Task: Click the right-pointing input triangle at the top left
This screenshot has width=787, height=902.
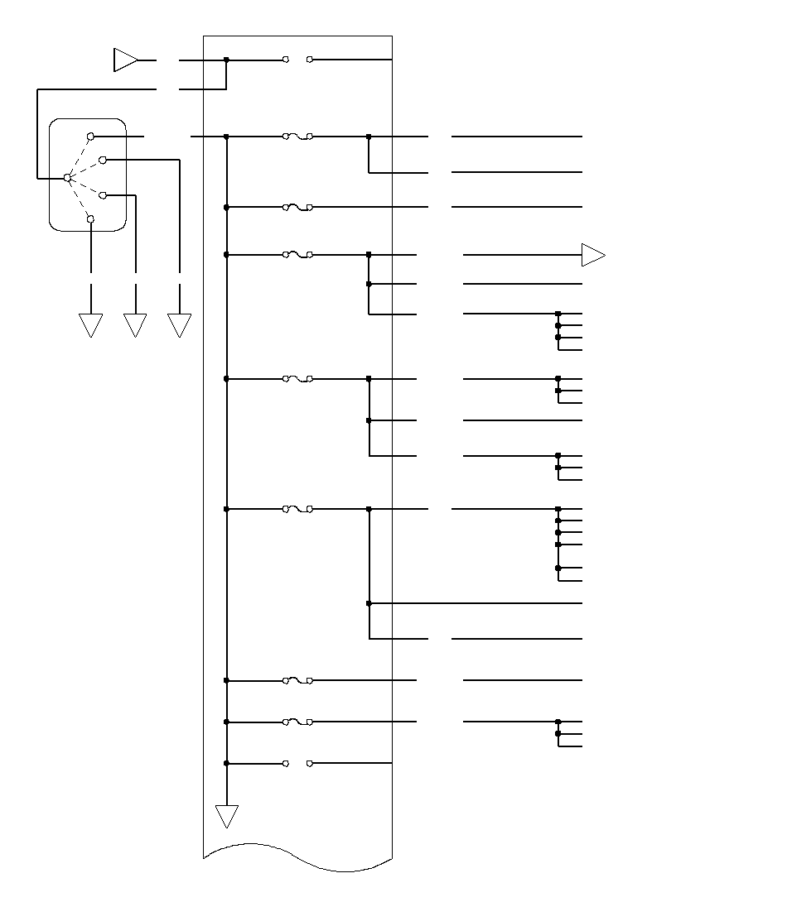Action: click(x=125, y=60)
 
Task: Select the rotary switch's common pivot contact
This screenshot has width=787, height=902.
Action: click(x=67, y=178)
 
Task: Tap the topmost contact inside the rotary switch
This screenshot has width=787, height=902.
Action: click(x=91, y=136)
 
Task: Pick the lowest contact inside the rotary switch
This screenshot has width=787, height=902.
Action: click(x=91, y=219)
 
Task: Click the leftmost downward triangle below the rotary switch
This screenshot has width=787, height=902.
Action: click(x=90, y=325)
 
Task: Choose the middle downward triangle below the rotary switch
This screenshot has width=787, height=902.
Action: click(x=135, y=325)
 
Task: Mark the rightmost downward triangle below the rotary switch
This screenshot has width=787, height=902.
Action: click(x=179, y=325)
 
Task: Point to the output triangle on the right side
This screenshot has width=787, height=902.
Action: click(x=593, y=255)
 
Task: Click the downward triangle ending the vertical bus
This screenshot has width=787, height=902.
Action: click(x=226, y=816)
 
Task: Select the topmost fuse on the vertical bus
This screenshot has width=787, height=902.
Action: click(x=297, y=137)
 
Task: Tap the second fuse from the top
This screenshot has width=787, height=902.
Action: click(x=297, y=207)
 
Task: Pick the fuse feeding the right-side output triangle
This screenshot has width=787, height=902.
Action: click(x=297, y=255)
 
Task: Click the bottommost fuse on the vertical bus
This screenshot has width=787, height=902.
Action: click(x=297, y=722)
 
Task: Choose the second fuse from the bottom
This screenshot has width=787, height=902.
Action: click(x=297, y=681)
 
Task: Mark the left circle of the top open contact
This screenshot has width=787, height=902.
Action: click(x=286, y=60)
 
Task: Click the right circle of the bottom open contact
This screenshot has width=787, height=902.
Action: click(x=310, y=763)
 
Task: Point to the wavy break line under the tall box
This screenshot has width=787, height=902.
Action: click(x=298, y=856)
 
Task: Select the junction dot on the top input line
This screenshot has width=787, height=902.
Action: click(x=226, y=60)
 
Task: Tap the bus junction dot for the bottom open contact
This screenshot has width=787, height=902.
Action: click(x=226, y=763)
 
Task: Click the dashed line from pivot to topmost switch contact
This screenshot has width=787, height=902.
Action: click(x=79, y=157)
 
